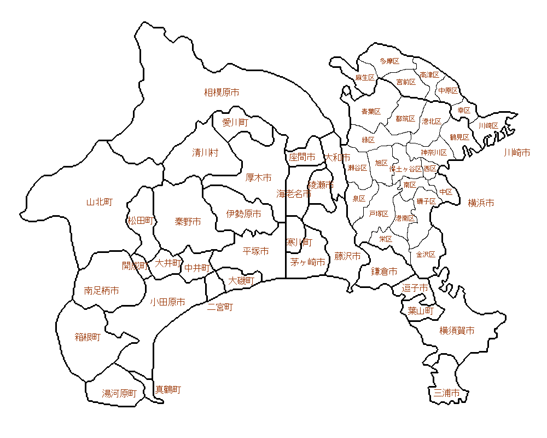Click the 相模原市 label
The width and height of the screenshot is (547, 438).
pyautogui.click(x=222, y=93)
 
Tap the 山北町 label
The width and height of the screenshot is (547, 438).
pyautogui.click(x=100, y=202)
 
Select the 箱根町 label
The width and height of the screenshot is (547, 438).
pyautogui.click(x=88, y=337)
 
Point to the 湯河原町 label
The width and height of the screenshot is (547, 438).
pyautogui.click(x=119, y=393)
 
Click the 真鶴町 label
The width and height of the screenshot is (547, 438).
pyautogui.click(x=168, y=390)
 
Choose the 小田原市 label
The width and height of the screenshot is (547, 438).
pyautogui.click(x=167, y=302)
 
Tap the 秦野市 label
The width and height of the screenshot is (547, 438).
pyautogui.click(x=188, y=221)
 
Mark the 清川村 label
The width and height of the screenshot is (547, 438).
pyautogui.click(x=205, y=152)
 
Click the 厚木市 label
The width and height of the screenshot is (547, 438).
pyautogui.click(x=258, y=177)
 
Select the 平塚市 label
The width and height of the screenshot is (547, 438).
pyautogui.click(x=255, y=251)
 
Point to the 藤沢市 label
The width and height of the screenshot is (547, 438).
pyautogui.click(x=347, y=256)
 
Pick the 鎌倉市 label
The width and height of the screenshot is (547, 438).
pyautogui.click(x=384, y=271)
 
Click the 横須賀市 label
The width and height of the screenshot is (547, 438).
pyautogui.click(x=457, y=330)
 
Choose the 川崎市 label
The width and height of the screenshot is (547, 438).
pyautogui.click(x=517, y=152)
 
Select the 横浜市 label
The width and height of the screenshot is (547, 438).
pyautogui.click(x=481, y=203)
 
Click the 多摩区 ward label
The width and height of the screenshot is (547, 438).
pyautogui.click(x=389, y=61)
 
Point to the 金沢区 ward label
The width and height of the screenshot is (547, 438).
pyautogui.click(x=426, y=255)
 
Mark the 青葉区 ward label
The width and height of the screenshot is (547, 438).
pyautogui.click(x=371, y=112)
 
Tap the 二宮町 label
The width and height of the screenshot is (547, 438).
pyautogui.click(x=220, y=307)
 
